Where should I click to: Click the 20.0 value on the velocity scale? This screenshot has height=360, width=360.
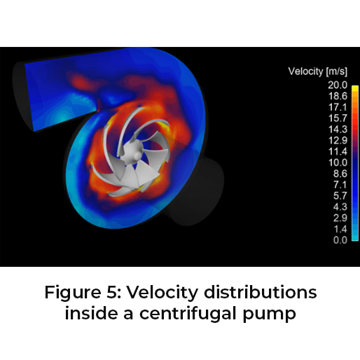coord(338,85)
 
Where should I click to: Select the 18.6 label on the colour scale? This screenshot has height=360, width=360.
coord(338,96)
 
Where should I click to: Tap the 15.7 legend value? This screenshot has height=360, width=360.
coord(338,118)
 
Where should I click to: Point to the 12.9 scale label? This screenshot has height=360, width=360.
coord(338,141)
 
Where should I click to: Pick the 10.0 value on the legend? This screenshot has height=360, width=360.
coord(338,162)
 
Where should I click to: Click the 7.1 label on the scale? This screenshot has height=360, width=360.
coord(340,185)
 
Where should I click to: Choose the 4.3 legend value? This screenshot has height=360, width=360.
coord(340,207)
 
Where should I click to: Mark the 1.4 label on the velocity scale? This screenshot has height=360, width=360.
coord(340,229)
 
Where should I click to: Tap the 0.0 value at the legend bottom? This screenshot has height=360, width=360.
coord(340,240)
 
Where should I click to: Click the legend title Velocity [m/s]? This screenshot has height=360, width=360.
coord(318,71)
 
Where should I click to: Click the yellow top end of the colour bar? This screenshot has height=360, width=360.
coord(355,87)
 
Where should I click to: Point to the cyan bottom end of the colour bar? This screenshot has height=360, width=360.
coord(355,239)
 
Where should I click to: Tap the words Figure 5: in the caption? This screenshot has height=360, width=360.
coord(83,292)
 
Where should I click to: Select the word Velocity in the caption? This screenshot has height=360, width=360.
coord(162,293)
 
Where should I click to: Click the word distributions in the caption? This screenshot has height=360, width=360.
coord(261,292)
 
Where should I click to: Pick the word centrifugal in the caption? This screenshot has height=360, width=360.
coord(188,314)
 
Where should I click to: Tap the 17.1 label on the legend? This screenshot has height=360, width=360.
coord(338,107)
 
